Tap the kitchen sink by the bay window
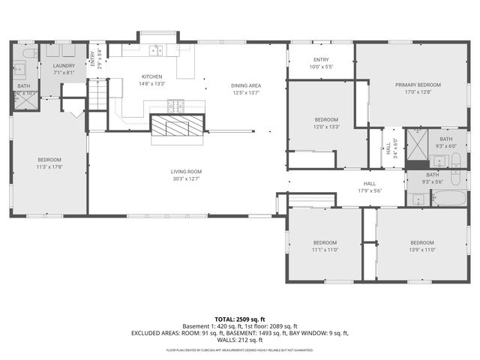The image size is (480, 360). click(157, 51)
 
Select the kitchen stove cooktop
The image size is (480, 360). click(176, 106)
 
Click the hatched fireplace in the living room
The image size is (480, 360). click(178, 126)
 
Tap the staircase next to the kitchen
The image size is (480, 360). click(97, 94)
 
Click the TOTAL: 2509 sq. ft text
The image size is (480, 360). click(239, 319)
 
